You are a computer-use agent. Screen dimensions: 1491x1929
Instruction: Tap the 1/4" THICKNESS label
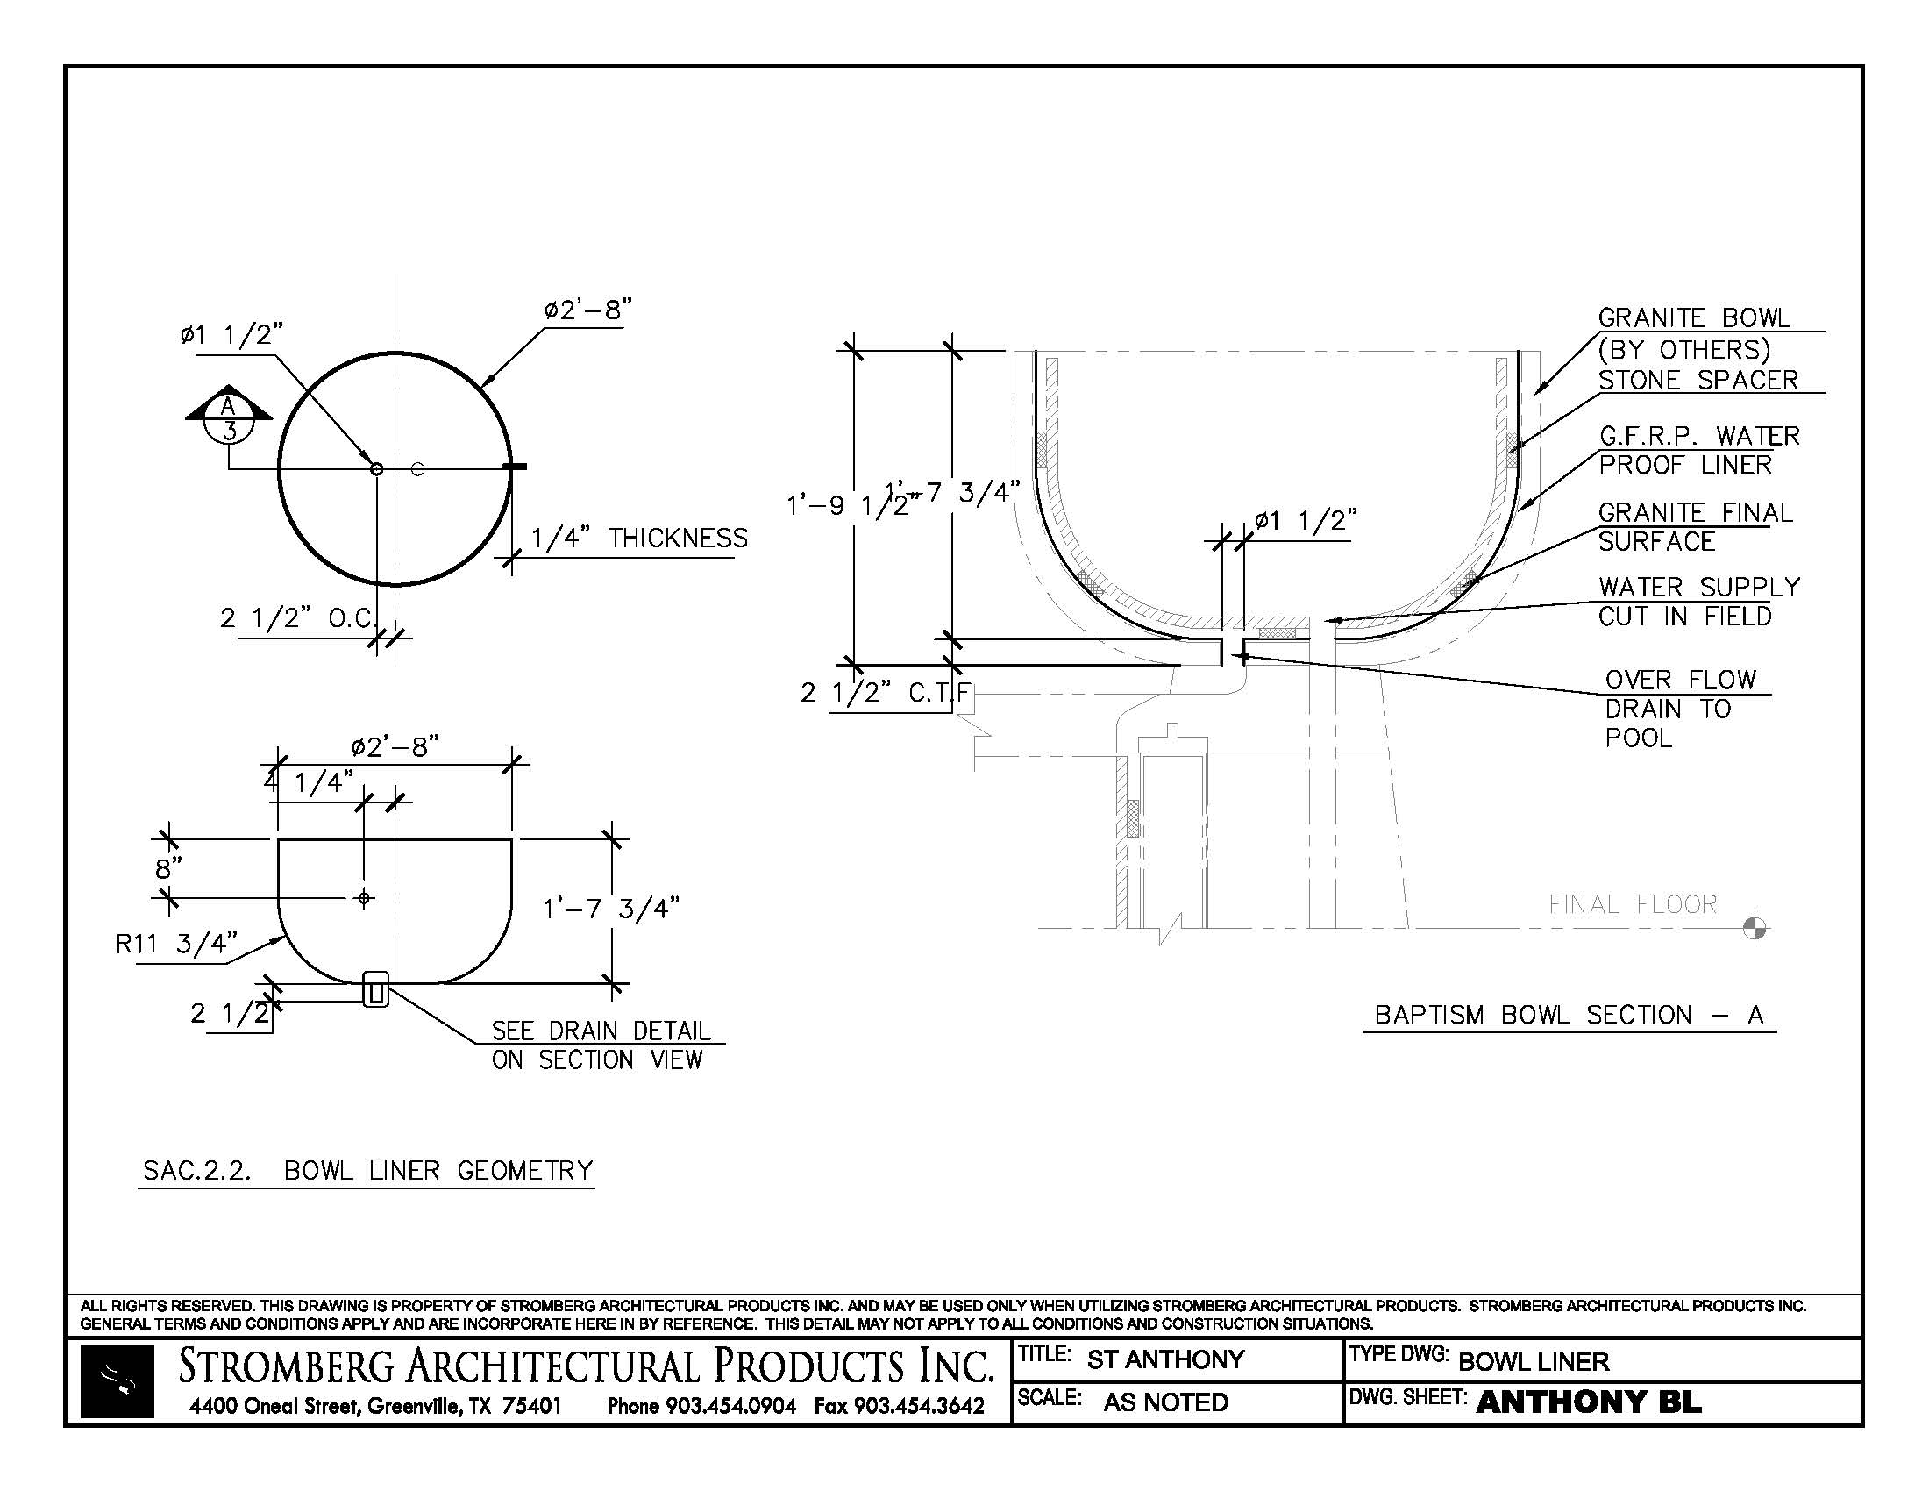[x=638, y=538]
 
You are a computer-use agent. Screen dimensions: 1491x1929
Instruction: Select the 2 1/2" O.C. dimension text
[x=298, y=618]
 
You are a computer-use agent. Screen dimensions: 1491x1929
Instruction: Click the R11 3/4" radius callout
[x=176, y=945]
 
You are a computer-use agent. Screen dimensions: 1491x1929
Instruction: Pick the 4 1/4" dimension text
[x=310, y=781]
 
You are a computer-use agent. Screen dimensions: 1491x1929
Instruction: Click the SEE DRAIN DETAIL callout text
[x=600, y=1045]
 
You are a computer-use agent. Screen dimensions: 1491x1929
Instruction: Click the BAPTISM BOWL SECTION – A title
[x=1569, y=1015]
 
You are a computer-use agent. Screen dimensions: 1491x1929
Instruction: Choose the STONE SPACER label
[x=1698, y=380]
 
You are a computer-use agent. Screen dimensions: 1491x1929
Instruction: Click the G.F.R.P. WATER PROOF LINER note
[x=1698, y=450]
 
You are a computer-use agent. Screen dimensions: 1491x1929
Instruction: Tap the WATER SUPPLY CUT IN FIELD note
[x=1698, y=602]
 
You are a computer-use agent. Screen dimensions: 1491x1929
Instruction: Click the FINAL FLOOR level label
[x=1633, y=904]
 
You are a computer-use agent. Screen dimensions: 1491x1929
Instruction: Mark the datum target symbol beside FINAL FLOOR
[x=1755, y=928]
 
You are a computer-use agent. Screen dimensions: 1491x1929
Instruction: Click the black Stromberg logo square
[x=117, y=1381]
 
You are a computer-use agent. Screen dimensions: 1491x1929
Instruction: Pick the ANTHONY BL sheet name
[x=1588, y=1402]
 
